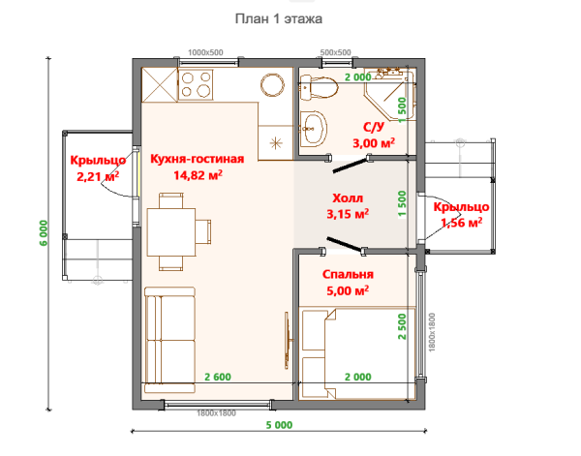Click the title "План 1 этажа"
click(279, 18)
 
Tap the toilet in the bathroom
click(319, 88)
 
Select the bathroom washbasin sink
click(314, 129)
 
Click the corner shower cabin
click(389, 95)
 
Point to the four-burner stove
click(196, 84)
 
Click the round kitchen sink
click(272, 85)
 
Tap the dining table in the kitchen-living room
click(171, 232)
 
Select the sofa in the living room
click(169, 340)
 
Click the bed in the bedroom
click(357, 353)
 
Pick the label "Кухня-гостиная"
click(198, 159)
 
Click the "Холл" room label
click(348, 198)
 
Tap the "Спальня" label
click(348, 275)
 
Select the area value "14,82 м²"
click(198, 175)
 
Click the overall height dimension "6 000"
click(44, 233)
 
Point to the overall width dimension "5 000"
click(279, 425)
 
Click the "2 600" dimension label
click(218, 377)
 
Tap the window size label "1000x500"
click(205, 52)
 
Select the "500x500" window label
click(335, 52)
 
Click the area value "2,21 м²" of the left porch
click(98, 176)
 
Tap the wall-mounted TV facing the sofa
click(288, 340)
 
